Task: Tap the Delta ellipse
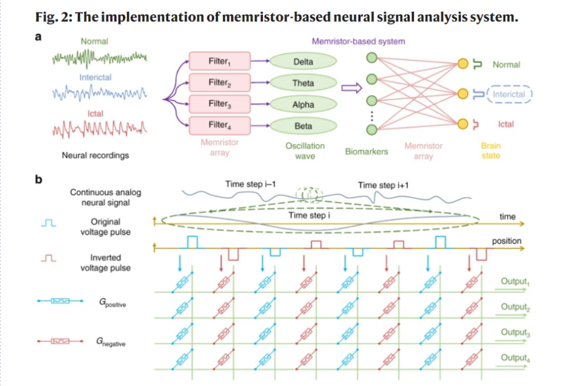303,61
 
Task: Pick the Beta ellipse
303,126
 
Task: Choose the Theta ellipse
303,83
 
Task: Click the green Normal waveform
99,58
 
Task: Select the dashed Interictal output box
509,94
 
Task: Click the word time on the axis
507,217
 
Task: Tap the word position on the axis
506,241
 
